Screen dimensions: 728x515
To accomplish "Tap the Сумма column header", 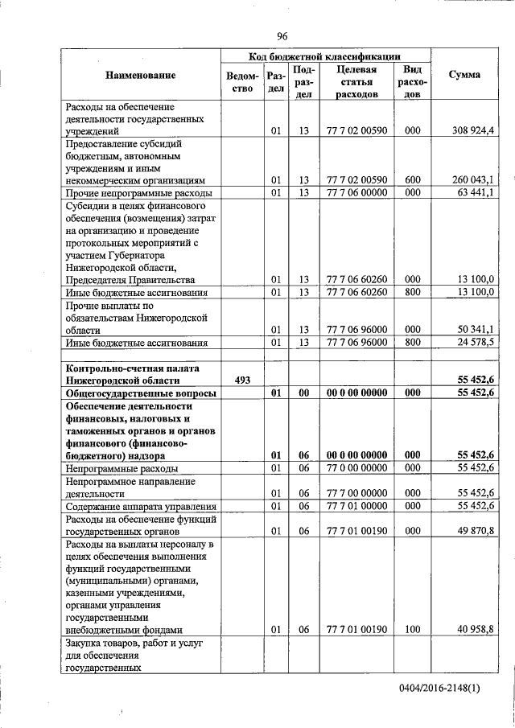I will [x=464, y=75].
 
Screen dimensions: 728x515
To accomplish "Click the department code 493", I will [x=244, y=379].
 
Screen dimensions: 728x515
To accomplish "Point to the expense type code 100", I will [x=412, y=630].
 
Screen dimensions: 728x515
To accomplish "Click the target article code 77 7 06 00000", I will [x=357, y=193].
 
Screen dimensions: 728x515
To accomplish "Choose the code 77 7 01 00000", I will [x=357, y=506].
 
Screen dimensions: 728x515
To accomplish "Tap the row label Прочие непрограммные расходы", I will [x=138, y=194].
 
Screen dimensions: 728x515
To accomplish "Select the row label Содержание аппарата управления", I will [x=141, y=506].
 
